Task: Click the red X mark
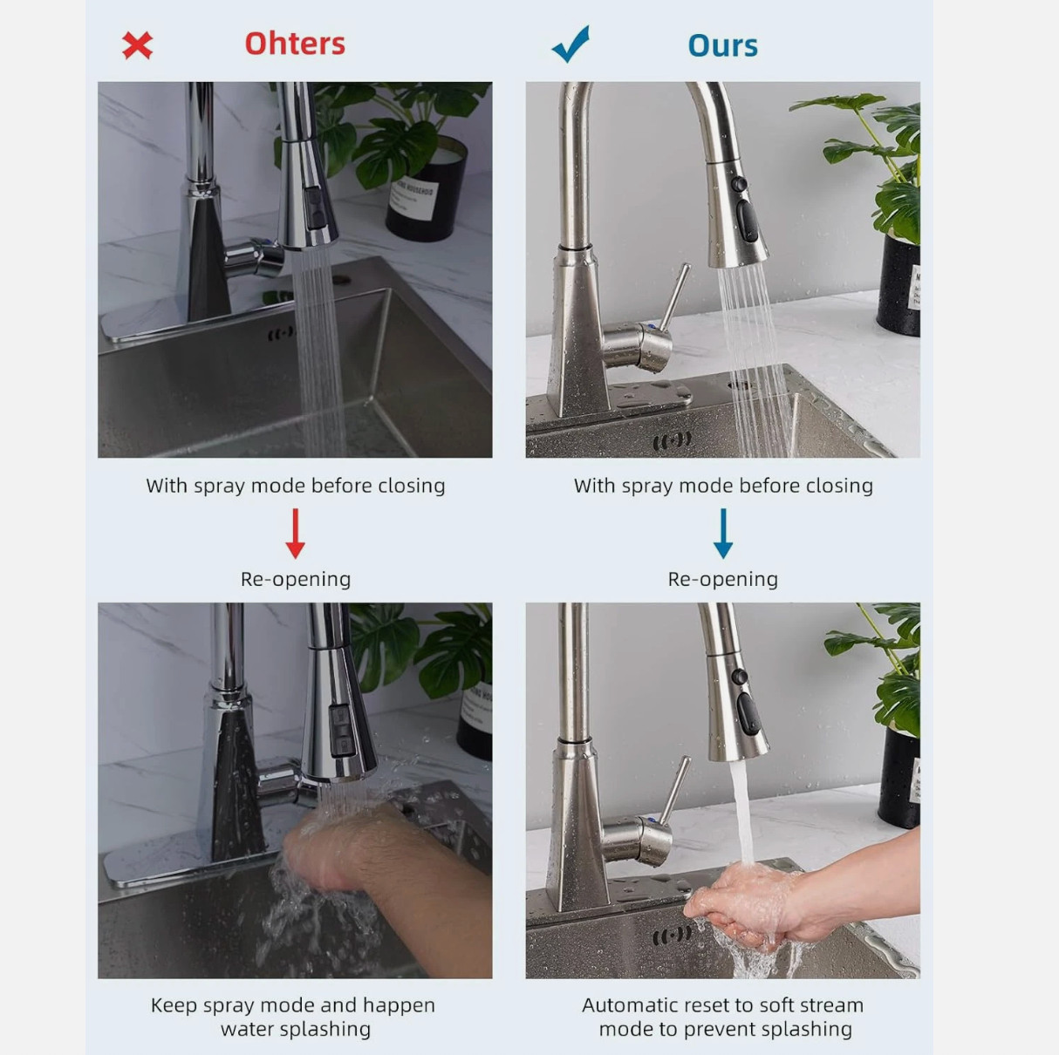pos(137,45)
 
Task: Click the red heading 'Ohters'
pos(295,44)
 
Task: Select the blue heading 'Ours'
pos(722,45)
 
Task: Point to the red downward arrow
pos(295,533)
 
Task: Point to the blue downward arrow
pos(722,533)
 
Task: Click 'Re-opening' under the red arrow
pos(296,579)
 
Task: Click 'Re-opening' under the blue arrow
pos(722,579)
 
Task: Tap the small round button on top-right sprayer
pos(739,184)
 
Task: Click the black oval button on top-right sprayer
pos(748,221)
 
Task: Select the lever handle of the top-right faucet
pos(674,297)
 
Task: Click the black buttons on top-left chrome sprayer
pos(314,208)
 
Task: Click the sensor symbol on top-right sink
pos(672,440)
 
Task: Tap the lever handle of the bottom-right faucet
pos(674,791)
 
